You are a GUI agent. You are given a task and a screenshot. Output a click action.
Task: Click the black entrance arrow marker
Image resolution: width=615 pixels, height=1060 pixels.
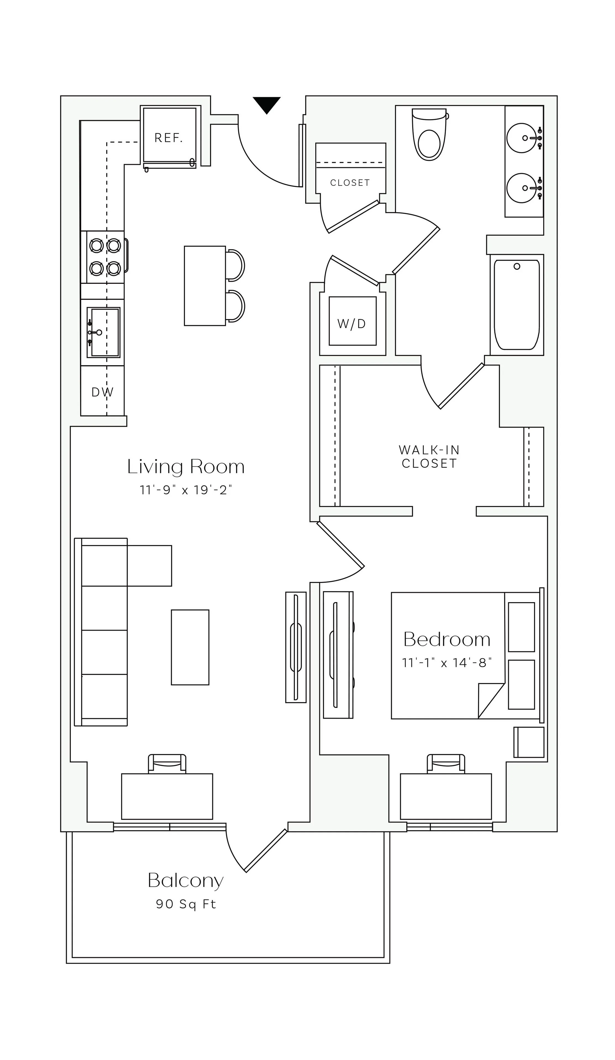[266, 104]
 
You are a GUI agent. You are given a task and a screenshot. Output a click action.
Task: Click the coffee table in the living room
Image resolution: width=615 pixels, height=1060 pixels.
[190, 647]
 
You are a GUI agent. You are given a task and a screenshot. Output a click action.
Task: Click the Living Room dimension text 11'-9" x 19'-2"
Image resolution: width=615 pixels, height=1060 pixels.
[186, 490]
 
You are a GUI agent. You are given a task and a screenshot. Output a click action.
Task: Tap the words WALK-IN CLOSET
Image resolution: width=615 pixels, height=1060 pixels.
[429, 456]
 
